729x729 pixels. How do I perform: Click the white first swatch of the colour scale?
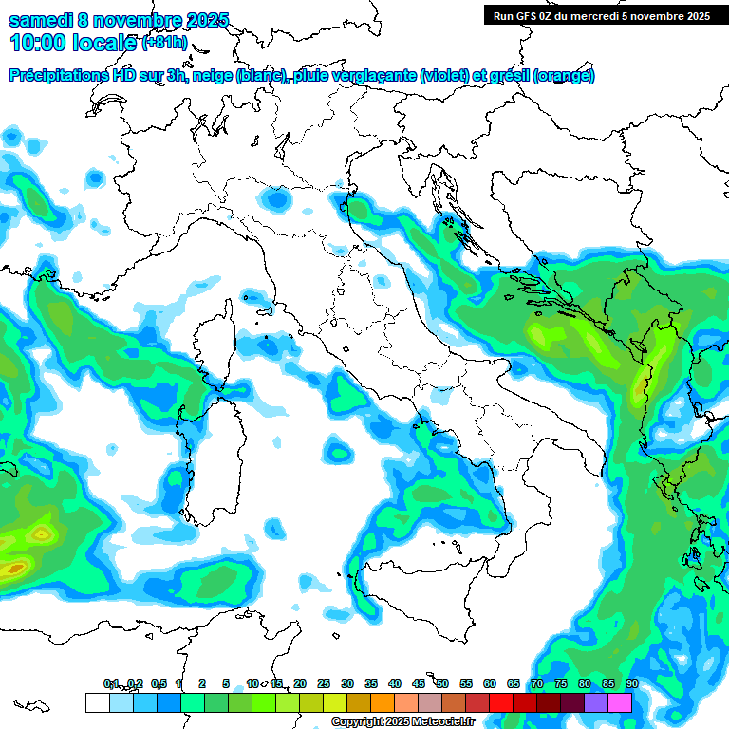click(97, 702)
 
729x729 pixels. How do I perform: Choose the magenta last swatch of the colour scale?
click(620, 702)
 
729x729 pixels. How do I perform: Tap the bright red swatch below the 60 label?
click(501, 702)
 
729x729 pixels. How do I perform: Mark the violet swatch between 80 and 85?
click(596, 702)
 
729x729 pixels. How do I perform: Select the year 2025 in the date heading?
click(199, 19)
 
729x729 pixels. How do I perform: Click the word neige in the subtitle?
click(213, 76)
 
